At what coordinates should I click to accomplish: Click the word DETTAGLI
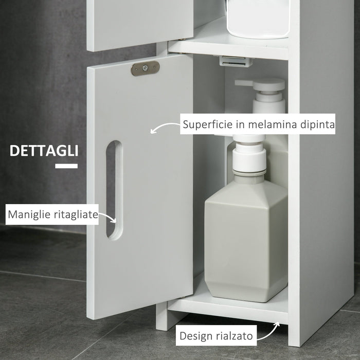44,151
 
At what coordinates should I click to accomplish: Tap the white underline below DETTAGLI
66,166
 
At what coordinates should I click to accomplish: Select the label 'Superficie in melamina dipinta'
259,124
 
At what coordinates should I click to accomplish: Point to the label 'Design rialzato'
216,337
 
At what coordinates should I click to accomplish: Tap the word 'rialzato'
234,337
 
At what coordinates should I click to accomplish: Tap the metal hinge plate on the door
145,68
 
